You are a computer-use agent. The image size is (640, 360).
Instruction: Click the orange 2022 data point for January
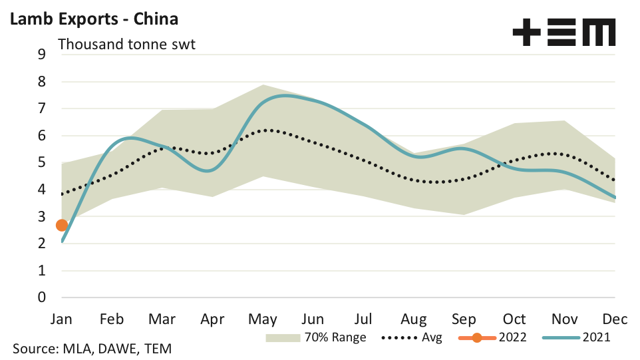[x=62, y=226]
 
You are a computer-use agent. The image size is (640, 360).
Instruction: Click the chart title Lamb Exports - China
[x=93, y=18]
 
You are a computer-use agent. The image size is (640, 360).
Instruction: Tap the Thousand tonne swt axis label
[x=127, y=45]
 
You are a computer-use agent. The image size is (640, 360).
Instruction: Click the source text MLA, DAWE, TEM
[x=93, y=349]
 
